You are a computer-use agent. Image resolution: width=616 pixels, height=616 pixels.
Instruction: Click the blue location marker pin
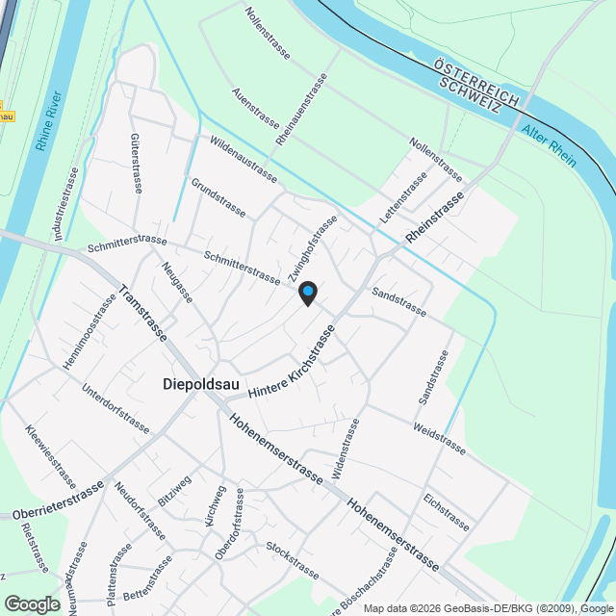[307, 293]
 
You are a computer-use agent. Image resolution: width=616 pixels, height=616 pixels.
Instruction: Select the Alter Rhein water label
[550, 145]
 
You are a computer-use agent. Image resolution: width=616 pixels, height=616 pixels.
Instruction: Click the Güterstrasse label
[135, 163]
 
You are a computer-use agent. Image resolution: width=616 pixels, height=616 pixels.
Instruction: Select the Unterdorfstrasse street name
[115, 408]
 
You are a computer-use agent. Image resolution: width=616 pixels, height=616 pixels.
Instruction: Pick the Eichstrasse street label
[446, 512]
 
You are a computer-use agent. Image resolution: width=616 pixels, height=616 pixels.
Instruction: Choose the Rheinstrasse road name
[435, 217]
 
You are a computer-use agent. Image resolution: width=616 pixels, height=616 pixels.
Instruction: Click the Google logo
[31, 603]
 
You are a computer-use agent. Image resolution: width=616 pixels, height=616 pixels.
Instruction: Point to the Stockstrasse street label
[293, 559]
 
